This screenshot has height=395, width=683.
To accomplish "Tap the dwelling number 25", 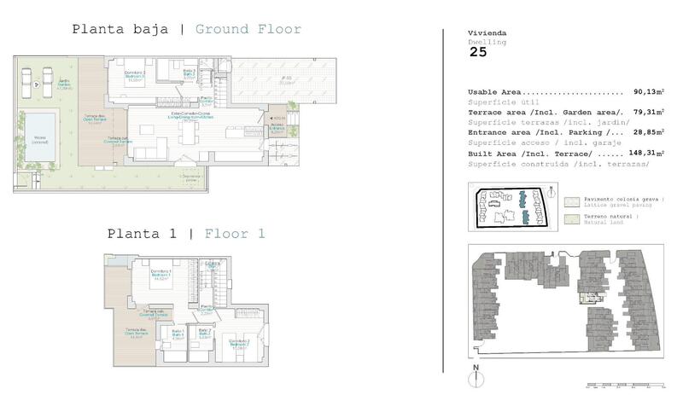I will (x=479, y=52).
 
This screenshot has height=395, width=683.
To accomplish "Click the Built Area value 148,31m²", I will (x=639, y=153).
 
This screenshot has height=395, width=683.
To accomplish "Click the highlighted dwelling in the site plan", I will (x=587, y=297).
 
